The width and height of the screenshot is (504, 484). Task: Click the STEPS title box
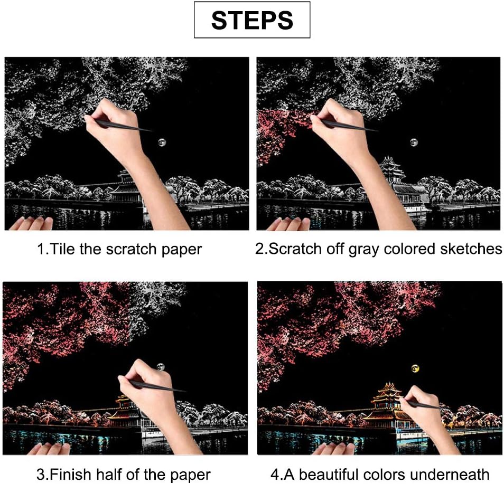252,20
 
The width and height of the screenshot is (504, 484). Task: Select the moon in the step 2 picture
414,142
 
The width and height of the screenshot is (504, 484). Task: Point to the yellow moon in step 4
415,368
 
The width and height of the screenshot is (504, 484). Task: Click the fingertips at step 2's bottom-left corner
288,224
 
